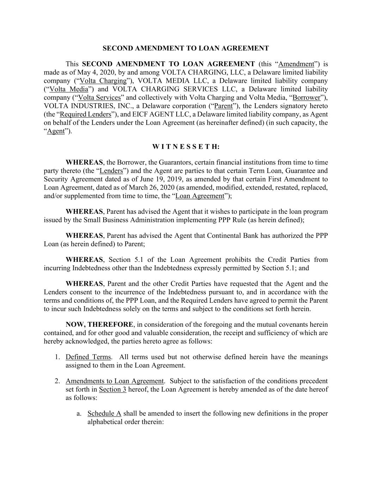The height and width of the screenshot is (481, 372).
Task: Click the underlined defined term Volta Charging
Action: [x=103, y=81]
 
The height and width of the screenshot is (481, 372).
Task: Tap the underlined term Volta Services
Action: [x=99, y=98]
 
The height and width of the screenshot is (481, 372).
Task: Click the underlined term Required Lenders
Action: [x=86, y=114]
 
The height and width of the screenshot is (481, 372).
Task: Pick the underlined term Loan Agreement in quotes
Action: [x=200, y=196]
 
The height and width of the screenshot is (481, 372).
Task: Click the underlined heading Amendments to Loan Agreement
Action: [x=115, y=381]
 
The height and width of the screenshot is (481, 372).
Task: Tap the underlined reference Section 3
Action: [x=112, y=389]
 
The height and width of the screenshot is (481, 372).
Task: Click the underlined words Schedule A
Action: [x=104, y=413]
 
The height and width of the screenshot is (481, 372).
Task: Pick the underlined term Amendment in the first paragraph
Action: [x=296, y=64]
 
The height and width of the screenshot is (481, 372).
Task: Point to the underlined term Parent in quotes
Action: [x=224, y=106]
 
